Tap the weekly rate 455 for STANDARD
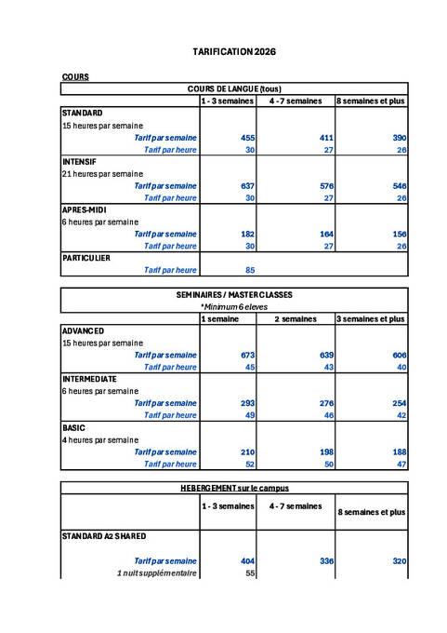pos(248,137)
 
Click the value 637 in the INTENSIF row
pos(248,185)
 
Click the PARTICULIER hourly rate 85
pos(248,270)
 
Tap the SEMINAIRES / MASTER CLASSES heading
pos(234,294)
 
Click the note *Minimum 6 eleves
pos(234,305)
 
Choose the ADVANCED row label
pos(83,330)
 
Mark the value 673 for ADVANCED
pos(248,355)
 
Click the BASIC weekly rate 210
pos(248,451)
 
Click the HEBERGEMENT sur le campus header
pos(234,487)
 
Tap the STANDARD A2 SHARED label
pos(104,536)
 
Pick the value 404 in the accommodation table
pos(248,561)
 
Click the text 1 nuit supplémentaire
pos(157,573)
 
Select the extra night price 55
pos(249,573)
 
